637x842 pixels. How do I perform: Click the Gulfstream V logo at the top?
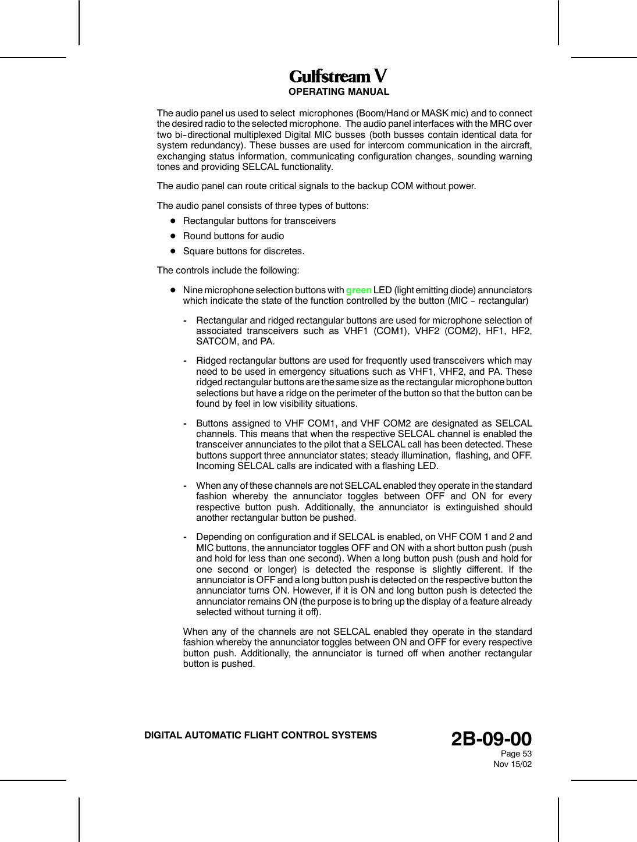click(x=339, y=76)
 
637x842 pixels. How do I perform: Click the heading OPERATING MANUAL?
click(x=339, y=92)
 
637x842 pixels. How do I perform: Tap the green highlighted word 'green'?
click(x=358, y=290)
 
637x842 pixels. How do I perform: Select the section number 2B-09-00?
click(x=492, y=739)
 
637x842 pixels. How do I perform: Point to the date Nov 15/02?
click(x=512, y=764)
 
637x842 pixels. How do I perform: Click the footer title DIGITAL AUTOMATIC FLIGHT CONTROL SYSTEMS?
click(x=261, y=736)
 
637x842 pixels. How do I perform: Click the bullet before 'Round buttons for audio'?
click(x=173, y=236)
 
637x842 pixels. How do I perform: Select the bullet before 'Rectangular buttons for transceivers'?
click(x=173, y=221)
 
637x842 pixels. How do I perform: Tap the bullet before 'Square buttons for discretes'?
click(x=173, y=251)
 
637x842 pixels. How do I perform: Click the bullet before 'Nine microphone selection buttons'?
click(x=173, y=290)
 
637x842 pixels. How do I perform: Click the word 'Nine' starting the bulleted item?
click(x=193, y=290)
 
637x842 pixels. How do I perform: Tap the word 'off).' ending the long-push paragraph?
click(x=311, y=612)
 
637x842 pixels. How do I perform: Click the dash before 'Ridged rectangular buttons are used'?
click(x=184, y=361)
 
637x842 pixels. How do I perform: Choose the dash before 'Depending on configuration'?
click(x=184, y=537)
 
